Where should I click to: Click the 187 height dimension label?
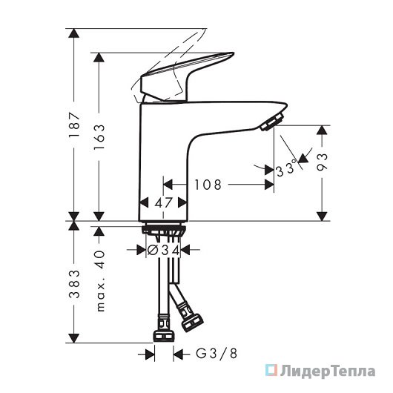74,125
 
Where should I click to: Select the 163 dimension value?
99,137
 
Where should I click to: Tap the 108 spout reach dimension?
208,185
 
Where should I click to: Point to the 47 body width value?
163,202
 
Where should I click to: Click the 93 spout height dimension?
322,162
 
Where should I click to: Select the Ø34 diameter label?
163,250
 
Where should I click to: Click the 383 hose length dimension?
74,284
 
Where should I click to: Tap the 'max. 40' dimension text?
100,281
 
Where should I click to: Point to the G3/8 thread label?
216,354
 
